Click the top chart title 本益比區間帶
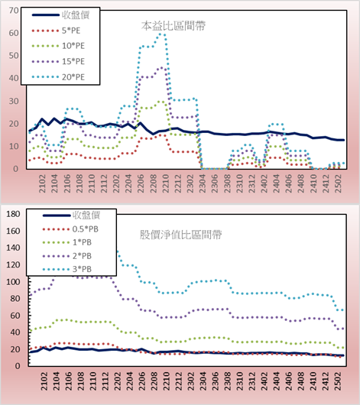[x=174, y=26]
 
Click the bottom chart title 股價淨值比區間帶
[x=180, y=235]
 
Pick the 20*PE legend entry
[x=58, y=77]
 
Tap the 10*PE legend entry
[x=58, y=46]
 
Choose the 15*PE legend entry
[x=58, y=61]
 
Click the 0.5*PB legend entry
[x=70, y=229]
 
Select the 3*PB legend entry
[x=67, y=269]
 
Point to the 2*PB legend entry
[x=67, y=256]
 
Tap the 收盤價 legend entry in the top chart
[x=60, y=15]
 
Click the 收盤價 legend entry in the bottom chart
[x=71, y=215]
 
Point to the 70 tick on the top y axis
[x=14, y=11]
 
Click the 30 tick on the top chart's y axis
[x=14, y=101]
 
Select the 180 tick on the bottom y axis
[x=13, y=214]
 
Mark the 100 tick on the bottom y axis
[x=13, y=281]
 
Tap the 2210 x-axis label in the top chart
[x=166, y=183]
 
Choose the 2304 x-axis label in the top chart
[x=203, y=183]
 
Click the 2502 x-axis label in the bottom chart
[x=338, y=381]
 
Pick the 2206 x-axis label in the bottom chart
[x=141, y=381]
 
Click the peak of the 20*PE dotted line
[x=161, y=34]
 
